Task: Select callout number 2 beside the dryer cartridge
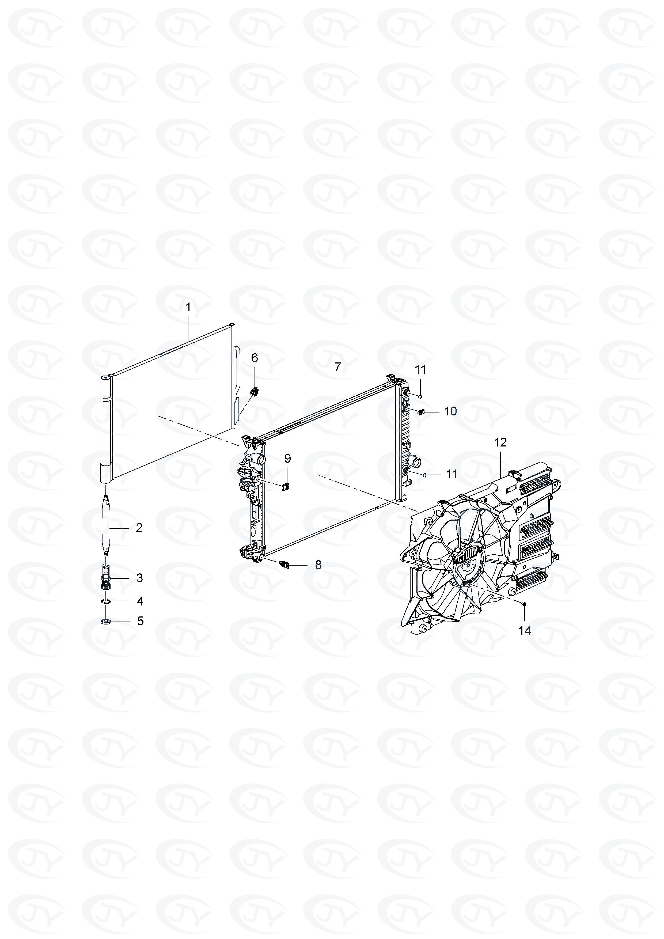click(x=139, y=528)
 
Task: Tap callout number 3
click(x=139, y=578)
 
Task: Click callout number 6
click(x=254, y=358)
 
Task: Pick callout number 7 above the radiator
click(x=337, y=367)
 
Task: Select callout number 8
click(x=318, y=565)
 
